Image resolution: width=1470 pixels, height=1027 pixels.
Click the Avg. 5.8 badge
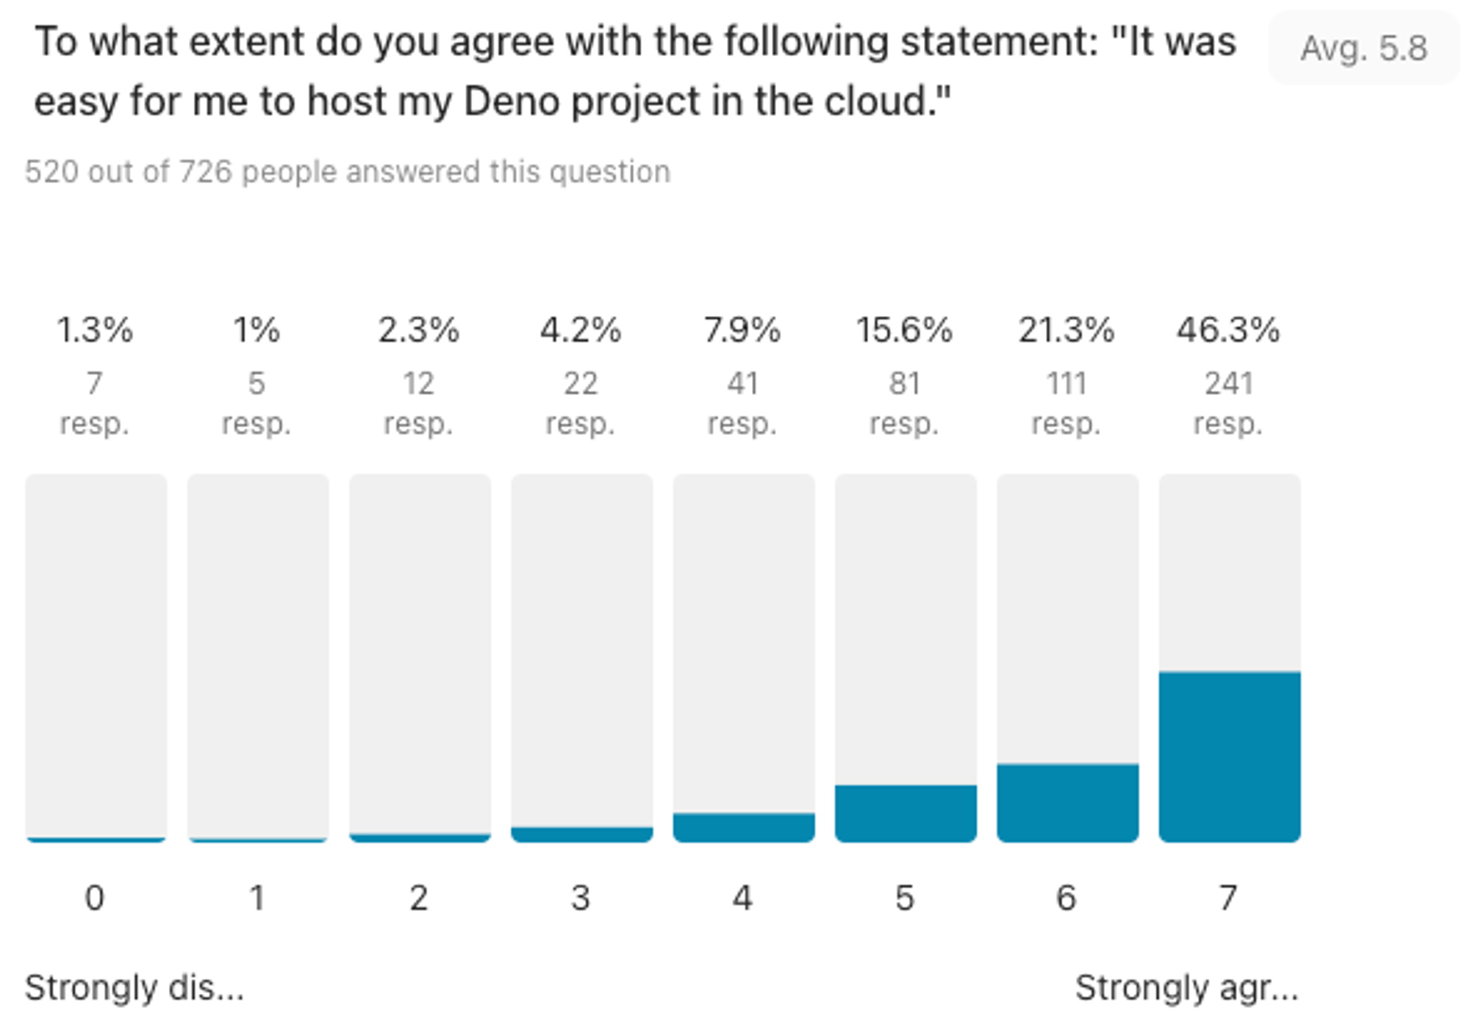point(1363,49)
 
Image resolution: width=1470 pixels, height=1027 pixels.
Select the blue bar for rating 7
point(1229,756)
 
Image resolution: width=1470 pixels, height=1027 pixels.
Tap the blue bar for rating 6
point(1067,803)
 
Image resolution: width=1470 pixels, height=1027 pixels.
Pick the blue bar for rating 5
point(906,813)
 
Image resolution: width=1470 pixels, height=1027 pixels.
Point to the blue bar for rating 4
point(744,827)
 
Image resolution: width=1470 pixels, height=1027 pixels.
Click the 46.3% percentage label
point(1228,330)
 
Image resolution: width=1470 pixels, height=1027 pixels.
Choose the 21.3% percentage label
point(1066,330)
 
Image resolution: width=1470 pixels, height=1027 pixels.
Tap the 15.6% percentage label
point(904,330)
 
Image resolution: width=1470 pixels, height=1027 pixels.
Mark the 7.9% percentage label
point(742,330)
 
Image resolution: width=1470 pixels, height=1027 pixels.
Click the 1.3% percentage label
point(95,330)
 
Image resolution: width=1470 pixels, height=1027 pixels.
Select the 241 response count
point(1228,383)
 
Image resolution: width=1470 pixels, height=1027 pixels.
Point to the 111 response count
point(1066,383)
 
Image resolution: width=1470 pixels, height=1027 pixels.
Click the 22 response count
point(581,383)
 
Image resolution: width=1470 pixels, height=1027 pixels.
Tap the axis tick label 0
point(95,898)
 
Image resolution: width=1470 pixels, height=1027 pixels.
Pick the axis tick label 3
point(581,898)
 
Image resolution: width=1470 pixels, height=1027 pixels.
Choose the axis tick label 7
point(1228,898)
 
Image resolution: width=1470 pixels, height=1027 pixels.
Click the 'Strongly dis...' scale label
point(135,987)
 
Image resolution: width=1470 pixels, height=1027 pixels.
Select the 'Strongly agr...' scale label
point(1186,987)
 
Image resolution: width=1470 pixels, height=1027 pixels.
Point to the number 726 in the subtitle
point(206,172)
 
